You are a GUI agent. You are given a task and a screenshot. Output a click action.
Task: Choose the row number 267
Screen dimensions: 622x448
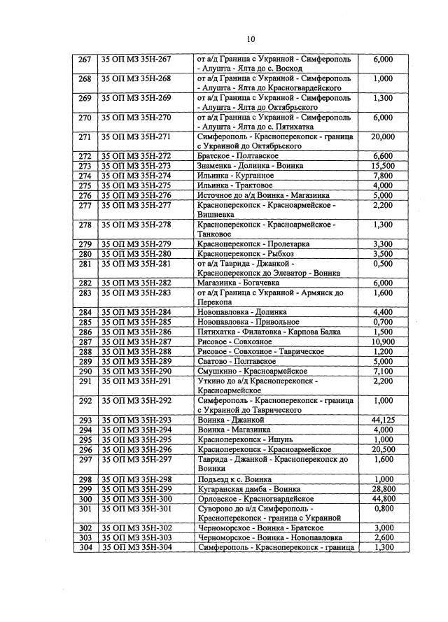[85, 60]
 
